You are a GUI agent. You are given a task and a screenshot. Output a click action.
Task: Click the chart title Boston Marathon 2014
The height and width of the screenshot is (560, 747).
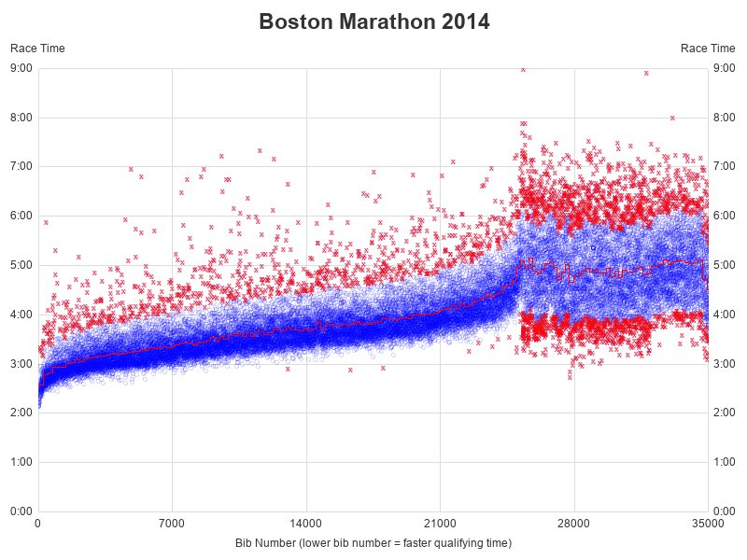click(373, 21)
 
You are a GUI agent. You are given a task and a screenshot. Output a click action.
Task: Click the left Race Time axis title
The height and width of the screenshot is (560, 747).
click(37, 49)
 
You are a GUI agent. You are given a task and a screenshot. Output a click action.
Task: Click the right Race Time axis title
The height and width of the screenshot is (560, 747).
click(708, 49)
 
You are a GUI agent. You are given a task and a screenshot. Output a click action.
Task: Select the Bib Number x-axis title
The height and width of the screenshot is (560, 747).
click(373, 542)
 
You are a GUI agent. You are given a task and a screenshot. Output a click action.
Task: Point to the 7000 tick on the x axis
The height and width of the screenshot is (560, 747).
click(172, 524)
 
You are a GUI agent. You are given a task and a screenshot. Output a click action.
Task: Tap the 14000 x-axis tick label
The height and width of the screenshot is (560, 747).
click(306, 524)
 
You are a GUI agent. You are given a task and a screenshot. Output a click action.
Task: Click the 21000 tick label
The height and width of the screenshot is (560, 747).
click(440, 524)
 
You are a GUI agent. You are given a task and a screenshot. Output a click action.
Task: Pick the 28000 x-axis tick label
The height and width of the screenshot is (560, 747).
click(574, 524)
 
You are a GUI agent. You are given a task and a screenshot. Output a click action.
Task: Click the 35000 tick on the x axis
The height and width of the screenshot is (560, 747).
click(708, 524)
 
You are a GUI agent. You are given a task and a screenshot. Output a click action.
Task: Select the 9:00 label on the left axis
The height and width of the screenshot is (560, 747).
click(21, 68)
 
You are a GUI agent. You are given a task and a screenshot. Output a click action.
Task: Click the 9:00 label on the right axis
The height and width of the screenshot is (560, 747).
click(725, 68)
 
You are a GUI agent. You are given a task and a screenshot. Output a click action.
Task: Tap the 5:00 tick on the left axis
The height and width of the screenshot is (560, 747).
click(21, 265)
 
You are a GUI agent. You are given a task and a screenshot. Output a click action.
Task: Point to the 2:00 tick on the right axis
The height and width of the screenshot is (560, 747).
click(725, 413)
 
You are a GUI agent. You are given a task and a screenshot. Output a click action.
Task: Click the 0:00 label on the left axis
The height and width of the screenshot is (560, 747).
click(21, 511)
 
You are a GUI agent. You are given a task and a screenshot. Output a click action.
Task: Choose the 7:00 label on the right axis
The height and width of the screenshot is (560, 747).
click(725, 166)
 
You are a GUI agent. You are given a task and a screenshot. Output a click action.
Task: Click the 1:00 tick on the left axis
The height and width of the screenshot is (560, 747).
click(21, 462)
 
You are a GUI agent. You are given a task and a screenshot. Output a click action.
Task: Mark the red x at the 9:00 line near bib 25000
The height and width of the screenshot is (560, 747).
click(523, 69)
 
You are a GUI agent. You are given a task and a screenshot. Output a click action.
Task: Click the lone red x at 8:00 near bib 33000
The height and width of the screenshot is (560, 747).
click(672, 118)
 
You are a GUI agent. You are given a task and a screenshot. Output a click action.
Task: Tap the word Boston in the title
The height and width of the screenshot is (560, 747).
click(291, 21)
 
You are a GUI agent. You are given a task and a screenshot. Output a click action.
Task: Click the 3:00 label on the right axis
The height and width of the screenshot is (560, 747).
click(725, 363)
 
